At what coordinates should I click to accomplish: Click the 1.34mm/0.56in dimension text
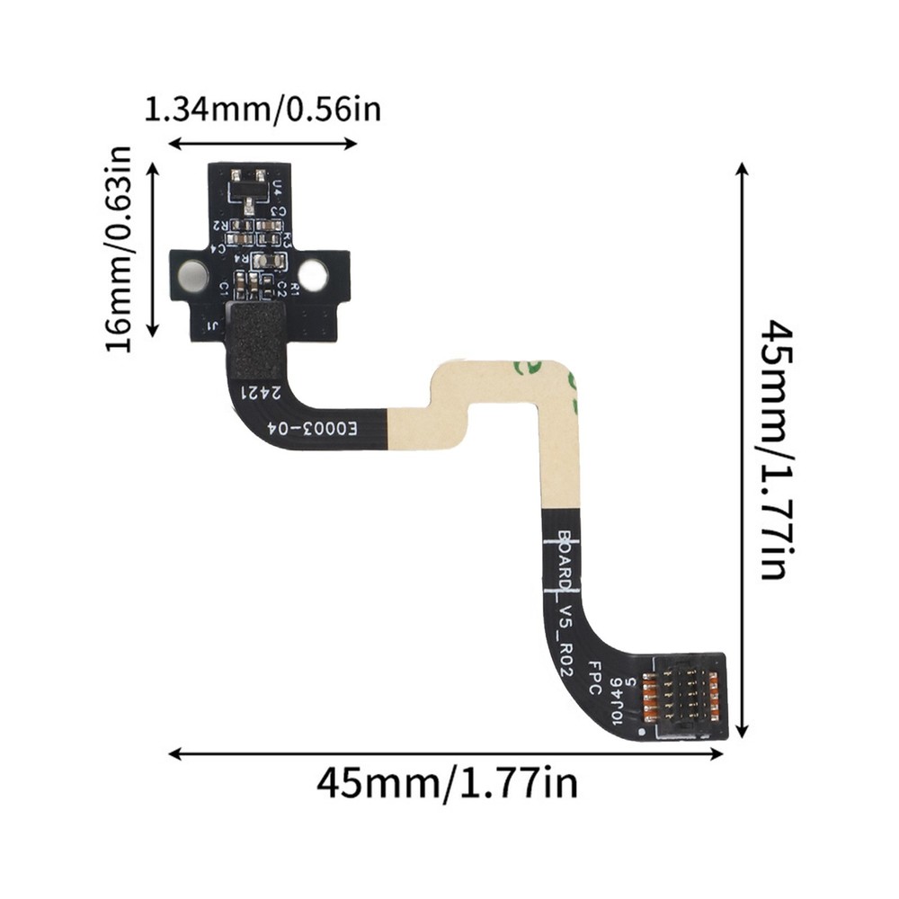tap(263, 110)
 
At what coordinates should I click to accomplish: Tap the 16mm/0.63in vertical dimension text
tap(119, 249)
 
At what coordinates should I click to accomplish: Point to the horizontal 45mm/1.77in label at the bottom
tap(446, 782)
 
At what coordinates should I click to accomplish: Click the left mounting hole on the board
tap(192, 275)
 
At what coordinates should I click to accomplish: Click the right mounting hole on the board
tap(313, 275)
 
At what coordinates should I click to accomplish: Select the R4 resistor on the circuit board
tap(267, 261)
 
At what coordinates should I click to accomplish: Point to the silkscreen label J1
tap(213, 325)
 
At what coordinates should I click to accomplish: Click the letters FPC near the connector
tap(593, 676)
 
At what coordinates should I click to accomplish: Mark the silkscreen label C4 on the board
tap(219, 245)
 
